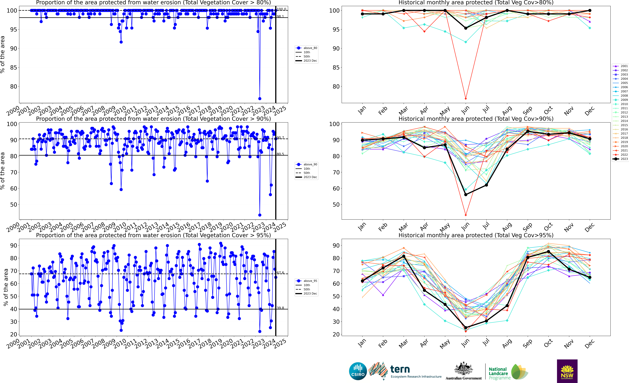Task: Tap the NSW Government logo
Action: tap(567, 371)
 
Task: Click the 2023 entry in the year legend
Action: tap(620, 159)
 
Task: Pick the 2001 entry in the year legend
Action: tap(620, 66)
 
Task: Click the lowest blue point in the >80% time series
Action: tap(260, 99)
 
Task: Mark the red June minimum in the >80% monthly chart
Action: tap(466, 99)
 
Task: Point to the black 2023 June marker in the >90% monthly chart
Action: tap(466, 195)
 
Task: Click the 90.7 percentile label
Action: tap(280, 138)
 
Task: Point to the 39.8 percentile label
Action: tap(280, 308)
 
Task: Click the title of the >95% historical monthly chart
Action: tap(476, 235)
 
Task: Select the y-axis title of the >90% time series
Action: tap(3, 171)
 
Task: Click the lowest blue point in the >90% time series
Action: tap(260, 215)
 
